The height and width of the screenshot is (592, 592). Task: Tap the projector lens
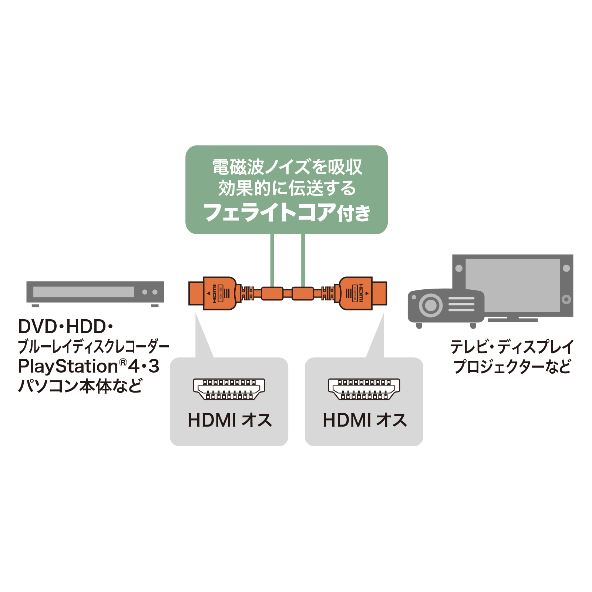(430, 306)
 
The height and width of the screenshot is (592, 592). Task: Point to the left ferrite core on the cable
(272, 293)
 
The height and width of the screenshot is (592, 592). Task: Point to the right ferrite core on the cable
(303, 293)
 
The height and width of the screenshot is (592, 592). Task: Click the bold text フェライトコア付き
(287, 212)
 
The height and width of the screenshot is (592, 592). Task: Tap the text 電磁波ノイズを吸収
(287, 167)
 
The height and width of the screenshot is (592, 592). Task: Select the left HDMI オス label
(229, 420)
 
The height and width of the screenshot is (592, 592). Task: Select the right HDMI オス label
(364, 420)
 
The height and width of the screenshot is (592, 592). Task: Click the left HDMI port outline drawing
(229, 389)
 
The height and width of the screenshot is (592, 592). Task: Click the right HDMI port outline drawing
(364, 389)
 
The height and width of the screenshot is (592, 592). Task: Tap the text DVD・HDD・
(65, 327)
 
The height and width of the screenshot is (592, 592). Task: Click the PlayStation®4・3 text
(88, 366)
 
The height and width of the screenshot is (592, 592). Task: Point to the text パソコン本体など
(80, 386)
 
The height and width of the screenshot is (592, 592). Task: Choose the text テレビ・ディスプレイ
(512, 347)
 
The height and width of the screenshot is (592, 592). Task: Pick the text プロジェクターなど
(512, 366)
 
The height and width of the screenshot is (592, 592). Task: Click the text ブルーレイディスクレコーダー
(93, 347)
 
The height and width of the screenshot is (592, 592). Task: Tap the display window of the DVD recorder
(84, 292)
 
